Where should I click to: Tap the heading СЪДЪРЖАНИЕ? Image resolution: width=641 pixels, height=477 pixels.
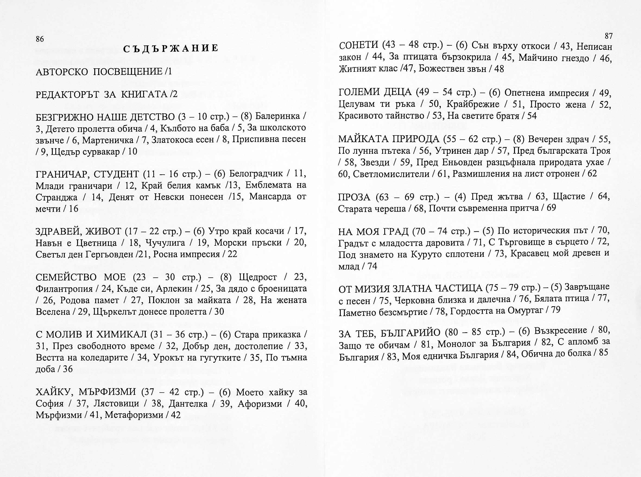click(x=171, y=48)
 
